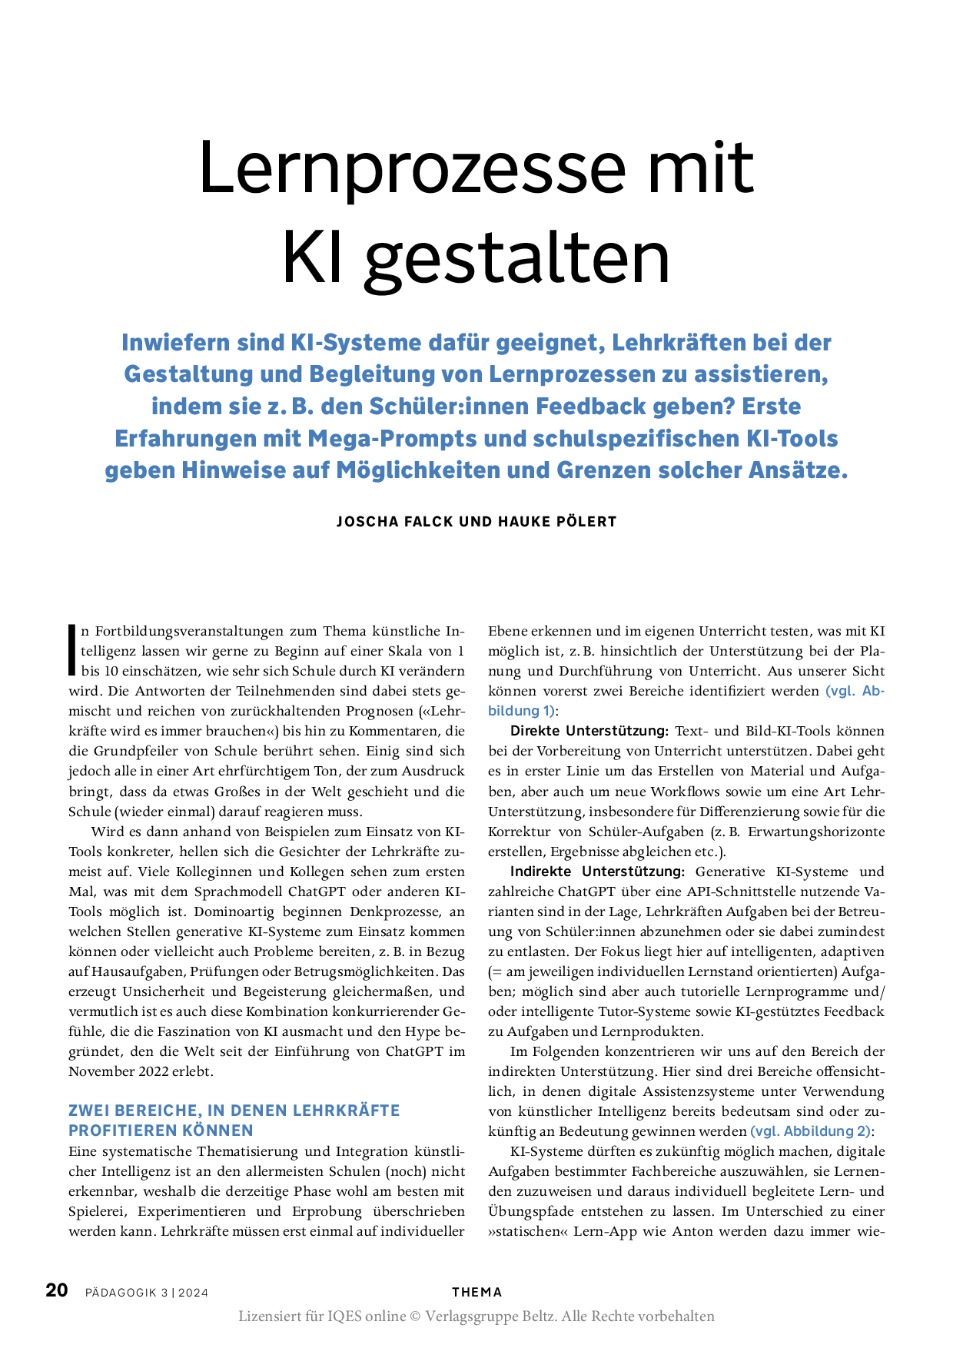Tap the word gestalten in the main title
(x=517, y=259)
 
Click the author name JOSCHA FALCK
(x=394, y=522)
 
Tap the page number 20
(x=57, y=1290)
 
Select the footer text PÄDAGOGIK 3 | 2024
(x=147, y=1293)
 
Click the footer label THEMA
(x=476, y=1293)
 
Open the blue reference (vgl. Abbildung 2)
(x=811, y=1131)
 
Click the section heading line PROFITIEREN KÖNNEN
(x=161, y=1131)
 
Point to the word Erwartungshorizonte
(x=816, y=832)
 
